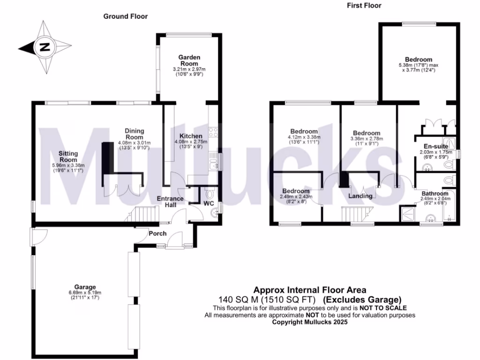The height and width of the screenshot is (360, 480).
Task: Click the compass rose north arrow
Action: pyautogui.click(x=45, y=47)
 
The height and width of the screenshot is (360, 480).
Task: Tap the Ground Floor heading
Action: pyautogui.click(x=125, y=16)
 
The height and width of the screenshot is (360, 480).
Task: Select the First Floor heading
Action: pyautogui.click(x=364, y=6)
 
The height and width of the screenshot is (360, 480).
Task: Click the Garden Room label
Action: pyautogui.click(x=189, y=60)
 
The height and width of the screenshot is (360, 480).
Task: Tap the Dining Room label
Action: pyautogui.click(x=134, y=134)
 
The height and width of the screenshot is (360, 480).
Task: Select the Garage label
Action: pyautogui.click(x=85, y=287)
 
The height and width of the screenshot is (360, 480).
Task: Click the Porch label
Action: pyautogui.click(x=157, y=233)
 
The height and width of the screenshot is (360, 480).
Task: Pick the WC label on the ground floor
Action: pyautogui.click(x=208, y=203)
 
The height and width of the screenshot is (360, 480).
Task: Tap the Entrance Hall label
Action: pyautogui.click(x=169, y=202)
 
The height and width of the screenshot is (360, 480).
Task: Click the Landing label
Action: pyautogui.click(x=360, y=196)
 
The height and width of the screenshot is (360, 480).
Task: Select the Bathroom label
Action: pyautogui.click(x=435, y=193)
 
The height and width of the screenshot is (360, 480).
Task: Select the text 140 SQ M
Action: pyautogui.click(x=236, y=299)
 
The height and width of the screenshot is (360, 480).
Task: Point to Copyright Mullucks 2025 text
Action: pyautogui.click(x=310, y=322)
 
